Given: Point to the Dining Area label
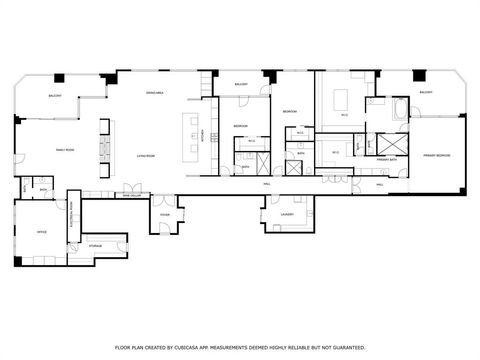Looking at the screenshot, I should click(155, 92).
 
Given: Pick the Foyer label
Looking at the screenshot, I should click(165, 213).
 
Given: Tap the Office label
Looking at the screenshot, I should click(41, 231).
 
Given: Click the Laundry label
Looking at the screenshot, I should click(286, 213).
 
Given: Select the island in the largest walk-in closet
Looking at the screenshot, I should click(340, 99).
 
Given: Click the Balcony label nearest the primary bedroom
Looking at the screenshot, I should click(426, 92).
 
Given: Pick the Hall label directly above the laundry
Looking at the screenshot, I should click(267, 184).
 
